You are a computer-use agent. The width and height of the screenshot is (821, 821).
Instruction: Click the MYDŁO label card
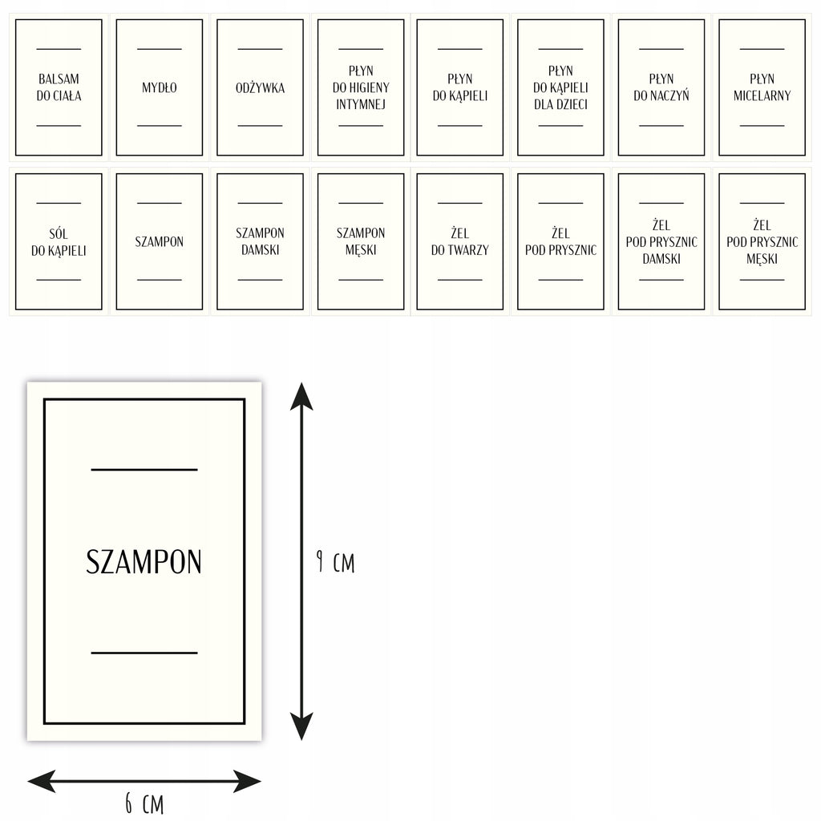[x=160, y=87]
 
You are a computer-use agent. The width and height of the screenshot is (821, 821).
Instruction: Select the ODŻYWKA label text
[x=261, y=87]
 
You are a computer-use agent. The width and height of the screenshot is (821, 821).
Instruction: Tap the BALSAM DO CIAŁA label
[x=59, y=87]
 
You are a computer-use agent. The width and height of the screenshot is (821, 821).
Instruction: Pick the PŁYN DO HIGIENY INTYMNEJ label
[x=361, y=87]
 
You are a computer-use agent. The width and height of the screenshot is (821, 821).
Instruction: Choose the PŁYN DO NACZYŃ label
[x=661, y=87]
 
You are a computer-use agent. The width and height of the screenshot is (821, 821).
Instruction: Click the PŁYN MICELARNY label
[x=762, y=87]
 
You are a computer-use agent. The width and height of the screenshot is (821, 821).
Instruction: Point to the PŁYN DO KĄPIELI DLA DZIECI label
[x=560, y=87]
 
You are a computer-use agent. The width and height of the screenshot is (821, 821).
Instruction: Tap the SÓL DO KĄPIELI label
[x=59, y=241]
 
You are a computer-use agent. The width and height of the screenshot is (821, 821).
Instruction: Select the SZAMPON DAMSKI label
[x=261, y=241]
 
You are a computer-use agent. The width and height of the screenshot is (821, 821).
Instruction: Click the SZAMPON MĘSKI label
[x=361, y=241]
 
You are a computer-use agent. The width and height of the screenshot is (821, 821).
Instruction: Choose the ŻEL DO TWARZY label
[x=459, y=241]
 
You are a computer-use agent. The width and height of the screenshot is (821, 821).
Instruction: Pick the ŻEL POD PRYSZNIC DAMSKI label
[x=661, y=241]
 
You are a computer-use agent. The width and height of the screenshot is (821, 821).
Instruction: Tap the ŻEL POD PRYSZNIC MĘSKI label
[x=762, y=241]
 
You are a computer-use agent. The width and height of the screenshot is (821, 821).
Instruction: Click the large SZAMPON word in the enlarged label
[x=144, y=562]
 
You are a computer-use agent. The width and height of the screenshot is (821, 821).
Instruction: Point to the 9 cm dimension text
[x=336, y=562]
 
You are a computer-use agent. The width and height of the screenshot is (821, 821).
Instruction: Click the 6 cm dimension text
[x=144, y=803]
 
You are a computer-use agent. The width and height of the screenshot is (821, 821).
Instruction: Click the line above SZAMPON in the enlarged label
[x=144, y=470]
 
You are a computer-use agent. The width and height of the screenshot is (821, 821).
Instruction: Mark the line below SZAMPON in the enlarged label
[x=144, y=653]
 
